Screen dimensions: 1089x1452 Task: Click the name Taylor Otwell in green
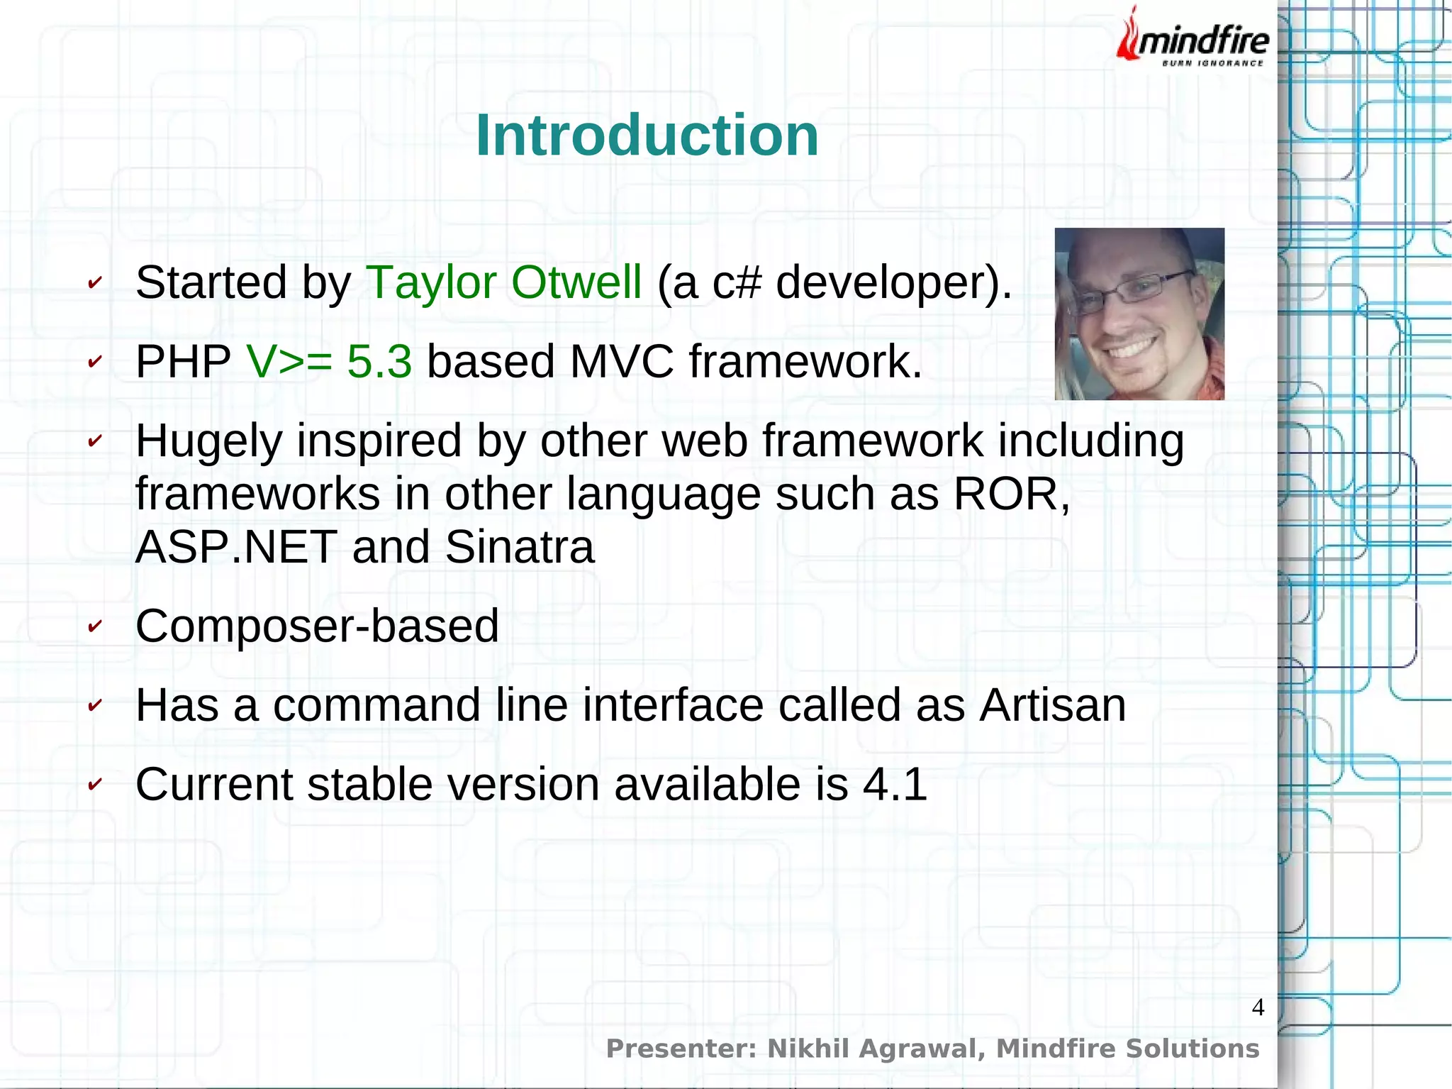[x=503, y=282]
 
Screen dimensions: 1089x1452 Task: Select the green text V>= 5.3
[x=329, y=362]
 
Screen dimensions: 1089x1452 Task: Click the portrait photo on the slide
[x=1139, y=314]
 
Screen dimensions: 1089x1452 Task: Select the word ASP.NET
[x=236, y=547]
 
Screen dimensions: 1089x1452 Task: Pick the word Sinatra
[x=520, y=547]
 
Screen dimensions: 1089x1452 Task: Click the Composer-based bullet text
[x=317, y=626]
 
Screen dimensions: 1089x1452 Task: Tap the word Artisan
[x=1052, y=705]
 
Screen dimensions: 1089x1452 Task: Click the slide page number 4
[x=1258, y=1007]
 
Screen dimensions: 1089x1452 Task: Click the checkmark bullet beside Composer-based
[x=94, y=626]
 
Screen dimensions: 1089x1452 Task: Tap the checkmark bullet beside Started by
[x=94, y=283]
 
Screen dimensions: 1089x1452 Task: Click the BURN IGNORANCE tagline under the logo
[x=1212, y=63]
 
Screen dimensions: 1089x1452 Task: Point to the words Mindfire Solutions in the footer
[x=1127, y=1049]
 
